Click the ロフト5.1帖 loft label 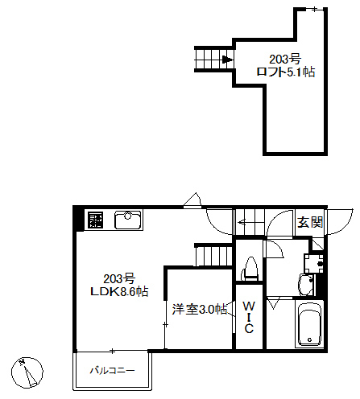(x=285, y=72)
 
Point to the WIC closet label (x=249, y=317)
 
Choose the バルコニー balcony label (x=111, y=370)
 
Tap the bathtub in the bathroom (x=308, y=325)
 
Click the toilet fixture (x=250, y=268)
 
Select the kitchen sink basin (x=127, y=219)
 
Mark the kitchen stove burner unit (x=96, y=220)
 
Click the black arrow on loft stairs (x=228, y=59)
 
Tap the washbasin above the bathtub (x=306, y=284)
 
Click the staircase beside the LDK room (x=213, y=256)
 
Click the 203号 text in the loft (x=285, y=59)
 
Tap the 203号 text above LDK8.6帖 (x=118, y=278)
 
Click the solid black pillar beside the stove (x=78, y=219)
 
